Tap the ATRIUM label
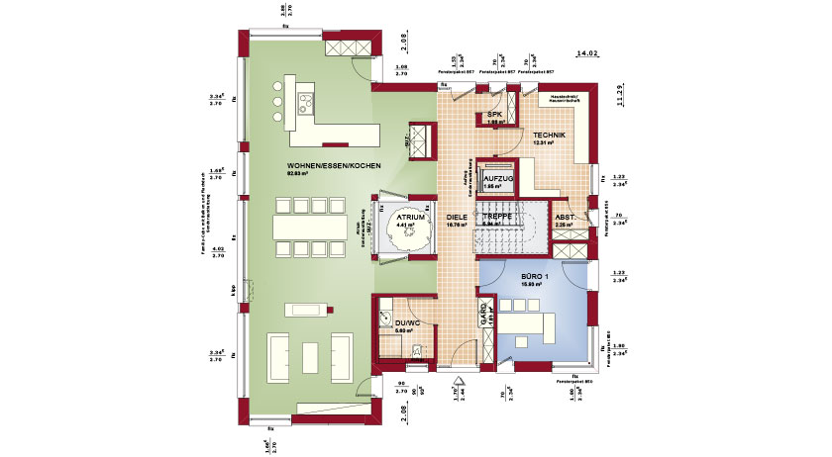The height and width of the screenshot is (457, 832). click(x=411, y=216)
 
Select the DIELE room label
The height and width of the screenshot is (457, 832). click(x=456, y=216)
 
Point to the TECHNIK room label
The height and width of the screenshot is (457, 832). click(x=549, y=135)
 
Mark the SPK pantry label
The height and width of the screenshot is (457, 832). click(x=494, y=115)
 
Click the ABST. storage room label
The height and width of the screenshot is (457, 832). click(x=565, y=217)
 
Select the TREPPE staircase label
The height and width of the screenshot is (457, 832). click(x=496, y=216)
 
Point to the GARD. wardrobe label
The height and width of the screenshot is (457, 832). click(x=484, y=315)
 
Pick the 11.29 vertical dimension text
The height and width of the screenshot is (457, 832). click(x=619, y=94)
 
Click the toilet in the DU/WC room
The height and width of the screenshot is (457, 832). click(x=420, y=347)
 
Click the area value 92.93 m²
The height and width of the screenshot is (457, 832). click(x=299, y=175)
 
